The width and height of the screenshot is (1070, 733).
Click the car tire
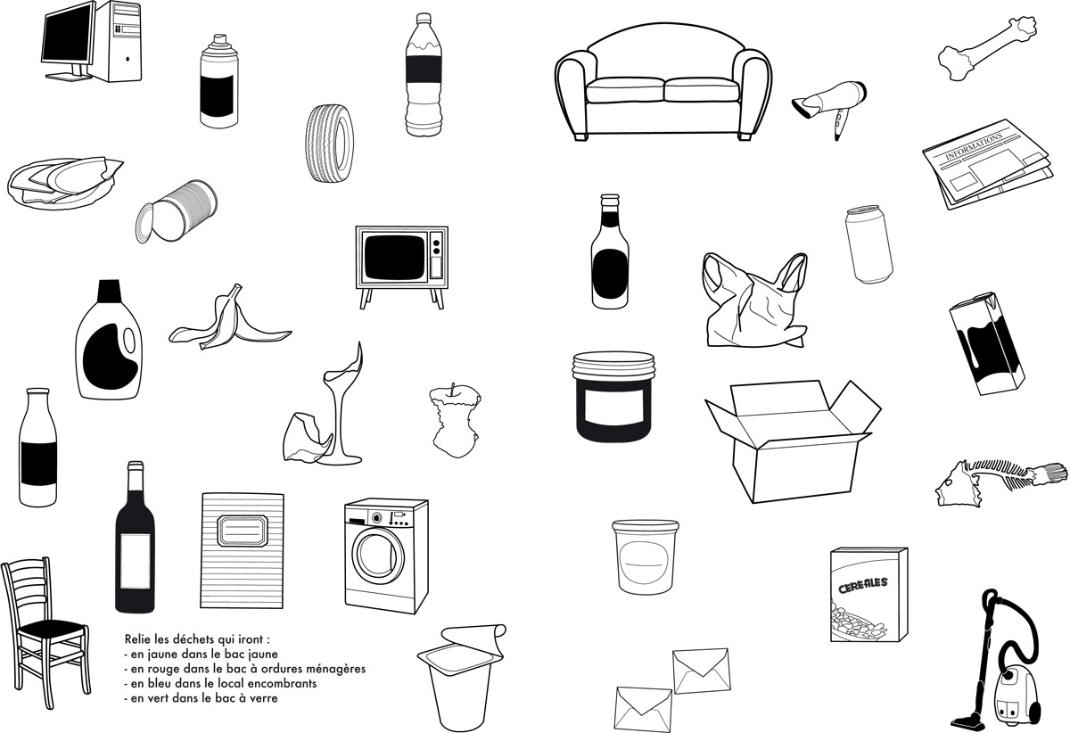330,143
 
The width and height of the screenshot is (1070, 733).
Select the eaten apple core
454,421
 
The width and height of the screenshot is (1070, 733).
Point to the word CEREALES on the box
863,585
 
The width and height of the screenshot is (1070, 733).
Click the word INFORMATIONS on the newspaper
975,147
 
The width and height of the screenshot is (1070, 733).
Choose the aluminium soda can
868,243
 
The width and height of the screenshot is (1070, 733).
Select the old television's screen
394,257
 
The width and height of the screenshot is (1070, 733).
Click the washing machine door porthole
378,556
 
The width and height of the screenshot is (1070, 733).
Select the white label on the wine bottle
135,562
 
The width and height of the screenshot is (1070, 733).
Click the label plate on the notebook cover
242,530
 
